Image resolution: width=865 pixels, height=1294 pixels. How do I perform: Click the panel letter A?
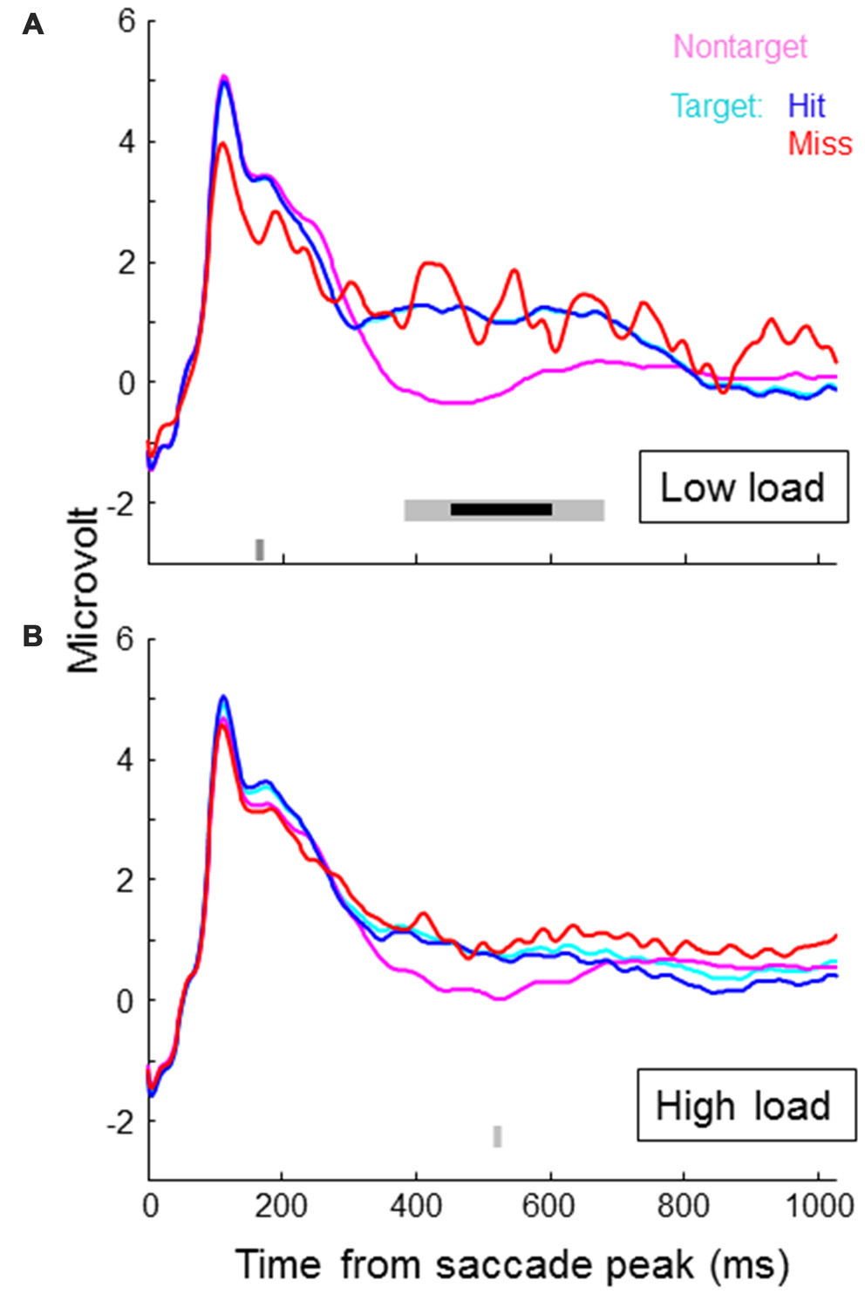point(32,24)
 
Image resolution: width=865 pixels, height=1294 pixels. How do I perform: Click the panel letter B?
point(32,637)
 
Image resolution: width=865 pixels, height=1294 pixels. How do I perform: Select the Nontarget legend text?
point(740,46)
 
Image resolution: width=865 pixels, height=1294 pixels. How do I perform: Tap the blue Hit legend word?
point(806,106)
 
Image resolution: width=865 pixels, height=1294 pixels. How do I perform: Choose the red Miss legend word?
point(820,144)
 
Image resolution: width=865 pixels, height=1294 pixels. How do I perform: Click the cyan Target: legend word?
point(716,106)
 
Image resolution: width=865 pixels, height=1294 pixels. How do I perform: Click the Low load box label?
point(743,487)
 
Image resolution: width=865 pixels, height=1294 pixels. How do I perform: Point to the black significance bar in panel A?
point(501,509)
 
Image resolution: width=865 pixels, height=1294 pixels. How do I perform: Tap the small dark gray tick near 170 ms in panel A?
point(259,549)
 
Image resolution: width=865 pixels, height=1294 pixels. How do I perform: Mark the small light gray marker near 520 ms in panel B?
point(497,1136)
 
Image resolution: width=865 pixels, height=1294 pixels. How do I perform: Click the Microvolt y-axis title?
point(85,590)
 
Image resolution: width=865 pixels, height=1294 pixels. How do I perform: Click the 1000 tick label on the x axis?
point(818,1207)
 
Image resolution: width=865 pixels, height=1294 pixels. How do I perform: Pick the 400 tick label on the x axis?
point(416,1207)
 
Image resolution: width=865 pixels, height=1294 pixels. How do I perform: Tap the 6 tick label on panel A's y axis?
point(127,20)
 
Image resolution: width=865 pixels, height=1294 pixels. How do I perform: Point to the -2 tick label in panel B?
point(121,1123)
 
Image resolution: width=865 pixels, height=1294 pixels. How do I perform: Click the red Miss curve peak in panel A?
point(223,144)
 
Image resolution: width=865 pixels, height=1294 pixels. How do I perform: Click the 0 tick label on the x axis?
point(150,1207)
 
